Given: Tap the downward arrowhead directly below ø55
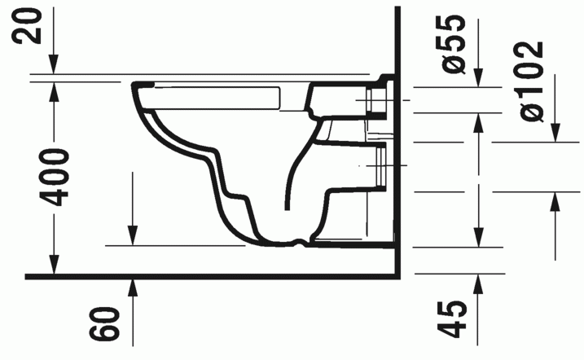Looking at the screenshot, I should pyautogui.click(x=478, y=78).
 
